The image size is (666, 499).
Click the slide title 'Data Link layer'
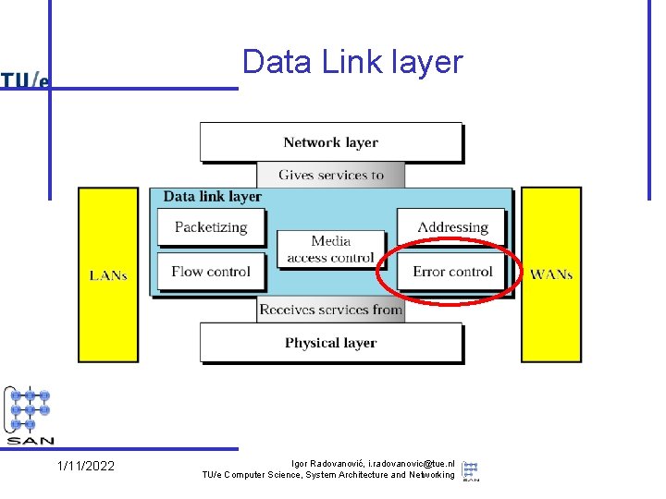tap(351, 62)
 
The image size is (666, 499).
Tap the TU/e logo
tap(25, 79)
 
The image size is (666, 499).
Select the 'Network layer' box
tap(330, 142)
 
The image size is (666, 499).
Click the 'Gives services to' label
tap(330, 175)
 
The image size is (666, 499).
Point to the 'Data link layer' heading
tap(213, 196)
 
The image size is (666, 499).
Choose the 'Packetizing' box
tap(211, 226)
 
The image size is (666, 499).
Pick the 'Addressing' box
tap(452, 226)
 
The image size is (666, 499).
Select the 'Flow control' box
tap(211, 272)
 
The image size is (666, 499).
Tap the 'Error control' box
tap(452, 272)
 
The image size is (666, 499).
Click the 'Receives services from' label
tap(330, 310)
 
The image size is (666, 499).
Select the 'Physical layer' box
tap(330, 343)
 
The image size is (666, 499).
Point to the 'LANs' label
tap(108, 275)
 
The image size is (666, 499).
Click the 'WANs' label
tap(551, 274)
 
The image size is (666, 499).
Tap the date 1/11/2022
tap(86, 466)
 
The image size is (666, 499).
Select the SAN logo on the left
tap(30, 415)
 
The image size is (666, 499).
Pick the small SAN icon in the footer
tap(470, 469)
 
